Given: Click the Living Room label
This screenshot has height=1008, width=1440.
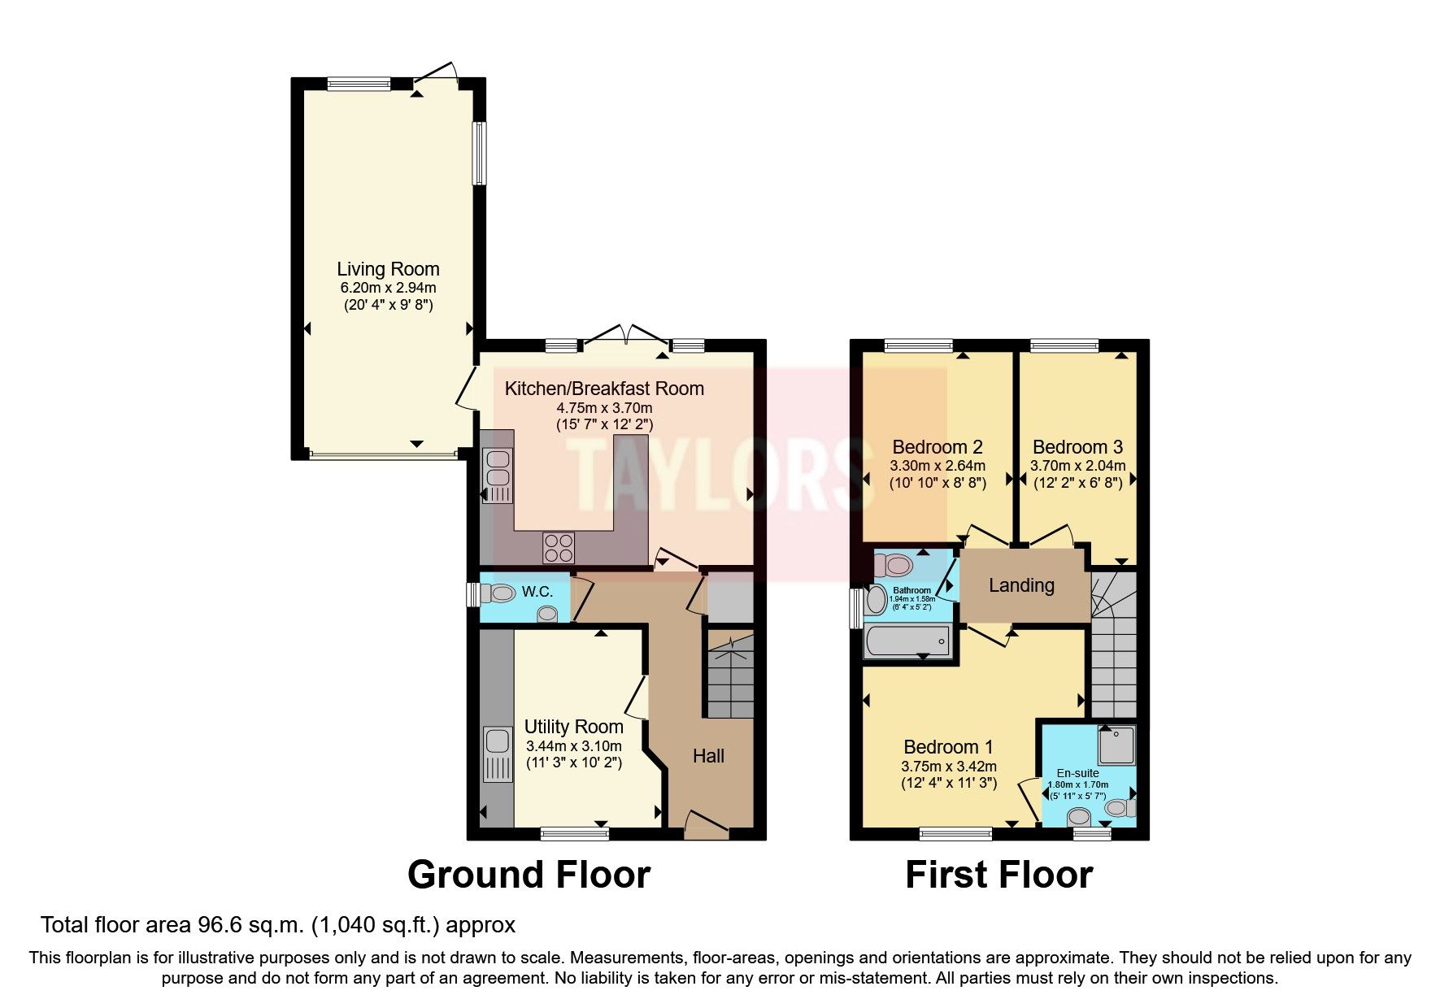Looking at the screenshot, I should point(388,269).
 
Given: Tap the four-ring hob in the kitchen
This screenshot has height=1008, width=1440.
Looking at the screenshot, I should point(558,546).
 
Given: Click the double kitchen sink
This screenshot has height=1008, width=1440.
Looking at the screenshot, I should point(496,470).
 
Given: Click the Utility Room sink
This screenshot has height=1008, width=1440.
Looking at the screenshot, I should point(495,742).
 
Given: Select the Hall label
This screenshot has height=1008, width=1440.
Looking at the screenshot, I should point(708,756).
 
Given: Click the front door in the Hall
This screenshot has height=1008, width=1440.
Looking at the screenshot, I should point(706,823).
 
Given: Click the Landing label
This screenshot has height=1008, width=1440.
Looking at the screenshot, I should point(1021,585).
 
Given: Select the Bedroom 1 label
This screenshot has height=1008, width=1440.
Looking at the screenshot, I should point(948,746).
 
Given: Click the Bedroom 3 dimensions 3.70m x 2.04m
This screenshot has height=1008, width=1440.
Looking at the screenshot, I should point(1077,466).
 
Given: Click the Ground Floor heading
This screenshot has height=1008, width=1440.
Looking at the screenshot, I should point(529,875).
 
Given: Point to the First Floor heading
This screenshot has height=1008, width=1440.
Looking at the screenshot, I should point(998,875).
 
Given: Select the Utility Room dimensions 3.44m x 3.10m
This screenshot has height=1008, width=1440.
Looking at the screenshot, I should point(573,746).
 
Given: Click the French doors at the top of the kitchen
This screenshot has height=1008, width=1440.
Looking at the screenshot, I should point(624,337).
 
